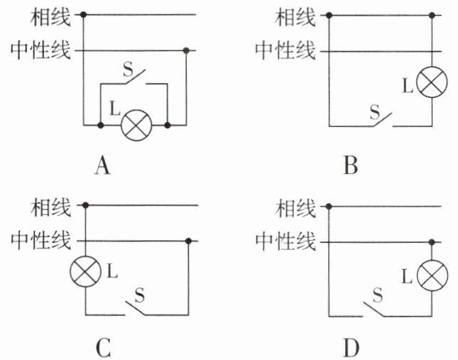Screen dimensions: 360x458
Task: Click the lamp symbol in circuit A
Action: point(134,126)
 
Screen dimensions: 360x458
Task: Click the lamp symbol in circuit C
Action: point(86,271)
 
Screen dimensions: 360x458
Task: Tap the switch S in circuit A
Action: point(134,77)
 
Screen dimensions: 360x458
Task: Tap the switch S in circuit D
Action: point(381,307)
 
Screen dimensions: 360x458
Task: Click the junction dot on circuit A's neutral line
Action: point(186,50)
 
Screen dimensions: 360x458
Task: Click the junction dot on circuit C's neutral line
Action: point(188,241)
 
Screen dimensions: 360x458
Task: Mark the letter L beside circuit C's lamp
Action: point(113,270)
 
